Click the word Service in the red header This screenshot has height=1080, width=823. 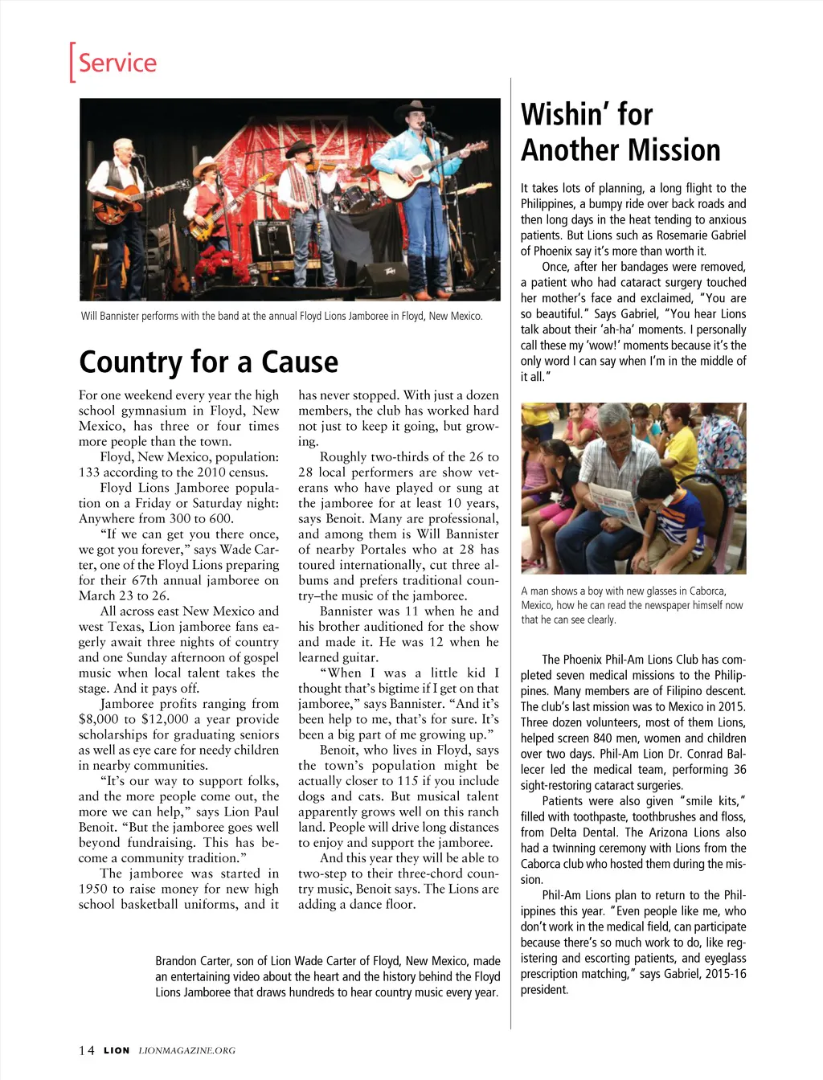pyautogui.click(x=117, y=63)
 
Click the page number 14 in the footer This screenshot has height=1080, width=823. pyautogui.click(x=86, y=1050)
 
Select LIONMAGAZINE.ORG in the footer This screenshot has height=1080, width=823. pyautogui.click(x=187, y=1050)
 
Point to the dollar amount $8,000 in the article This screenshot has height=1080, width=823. pyautogui.click(x=100, y=719)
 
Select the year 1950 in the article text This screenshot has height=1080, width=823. pyautogui.click(x=93, y=889)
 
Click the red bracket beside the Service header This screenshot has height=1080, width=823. pyautogui.click(x=72, y=62)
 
